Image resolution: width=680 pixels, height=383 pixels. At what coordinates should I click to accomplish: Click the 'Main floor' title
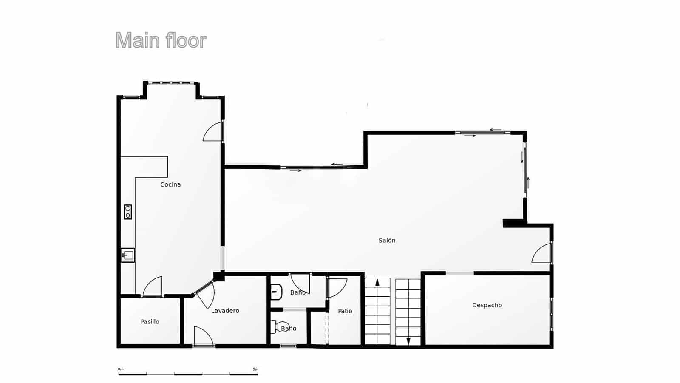(x=161, y=41)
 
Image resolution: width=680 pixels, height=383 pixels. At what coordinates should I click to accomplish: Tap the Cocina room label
(x=170, y=184)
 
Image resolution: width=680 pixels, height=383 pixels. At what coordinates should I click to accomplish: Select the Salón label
(x=387, y=241)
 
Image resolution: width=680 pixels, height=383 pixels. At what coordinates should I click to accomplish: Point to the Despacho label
(x=487, y=305)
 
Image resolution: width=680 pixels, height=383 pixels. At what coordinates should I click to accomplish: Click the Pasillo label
(x=150, y=322)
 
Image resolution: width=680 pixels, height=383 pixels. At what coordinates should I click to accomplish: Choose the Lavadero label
(x=225, y=311)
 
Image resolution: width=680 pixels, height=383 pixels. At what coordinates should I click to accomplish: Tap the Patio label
(x=345, y=311)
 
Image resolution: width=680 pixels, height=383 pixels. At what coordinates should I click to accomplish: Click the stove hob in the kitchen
(x=128, y=212)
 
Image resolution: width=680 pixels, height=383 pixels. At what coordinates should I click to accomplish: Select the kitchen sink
(x=128, y=255)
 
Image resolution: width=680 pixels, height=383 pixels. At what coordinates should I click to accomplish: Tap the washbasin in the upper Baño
(x=276, y=292)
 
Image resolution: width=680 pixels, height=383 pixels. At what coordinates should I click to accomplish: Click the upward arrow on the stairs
(x=377, y=283)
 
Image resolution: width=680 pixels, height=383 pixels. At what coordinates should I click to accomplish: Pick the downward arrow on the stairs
(x=408, y=340)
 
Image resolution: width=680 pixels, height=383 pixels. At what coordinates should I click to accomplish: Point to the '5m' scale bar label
(x=255, y=369)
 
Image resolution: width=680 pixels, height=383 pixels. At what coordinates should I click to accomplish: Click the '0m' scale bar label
(x=121, y=369)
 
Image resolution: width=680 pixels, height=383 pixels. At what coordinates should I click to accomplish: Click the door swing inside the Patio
(x=337, y=288)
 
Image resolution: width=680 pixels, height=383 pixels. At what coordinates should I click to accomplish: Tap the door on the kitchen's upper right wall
(x=214, y=131)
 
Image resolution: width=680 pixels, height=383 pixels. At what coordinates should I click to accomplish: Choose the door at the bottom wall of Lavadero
(x=203, y=336)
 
